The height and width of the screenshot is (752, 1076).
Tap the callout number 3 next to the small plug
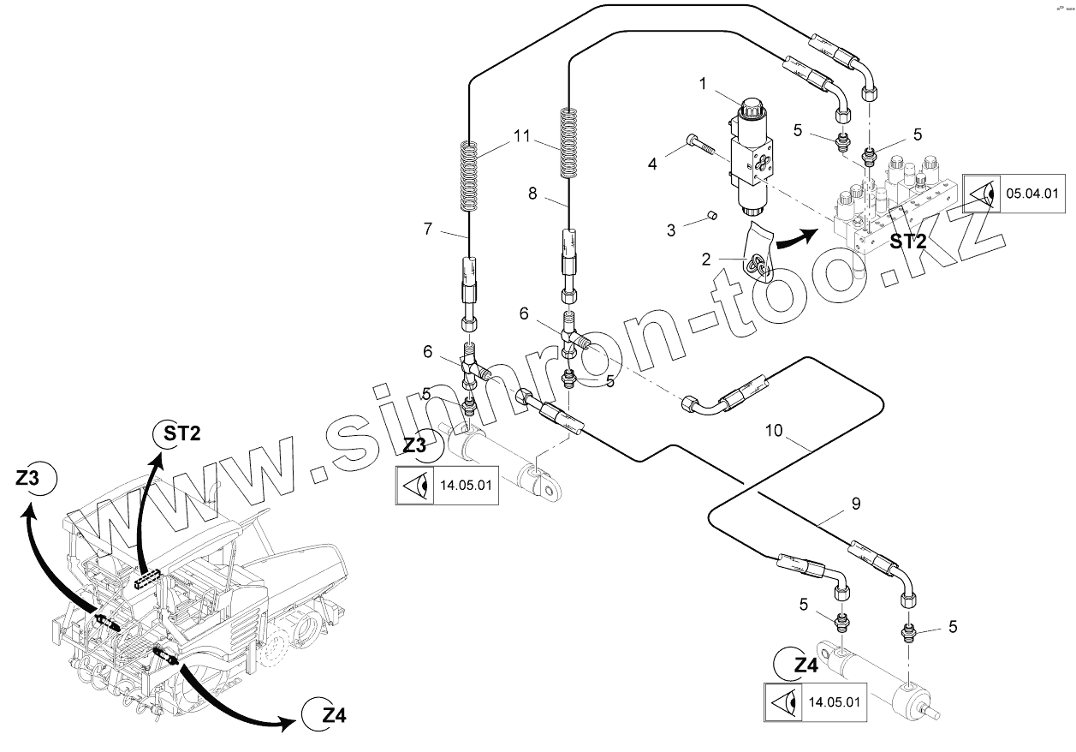coord(672,230)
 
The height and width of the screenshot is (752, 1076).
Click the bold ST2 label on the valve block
coord(908,242)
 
